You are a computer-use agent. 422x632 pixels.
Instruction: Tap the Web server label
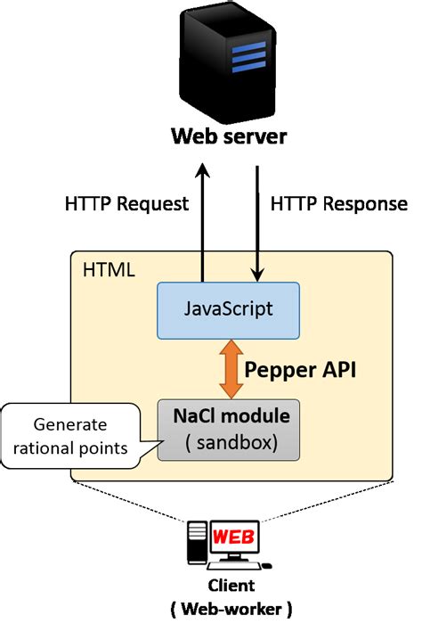(x=229, y=138)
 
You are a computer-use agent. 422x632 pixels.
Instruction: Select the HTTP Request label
(x=127, y=204)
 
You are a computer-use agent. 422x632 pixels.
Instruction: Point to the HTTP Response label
(x=338, y=204)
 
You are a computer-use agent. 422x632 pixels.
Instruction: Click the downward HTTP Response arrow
(x=257, y=223)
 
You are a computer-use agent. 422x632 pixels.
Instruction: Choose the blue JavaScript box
(x=227, y=309)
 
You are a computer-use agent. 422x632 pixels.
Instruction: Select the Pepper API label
(x=300, y=369)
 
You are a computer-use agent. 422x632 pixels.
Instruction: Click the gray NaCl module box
(x=227, y=430)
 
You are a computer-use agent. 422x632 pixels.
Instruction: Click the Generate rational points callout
(x=74, y=435)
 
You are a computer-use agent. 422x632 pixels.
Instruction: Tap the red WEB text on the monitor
(x=229, y=538)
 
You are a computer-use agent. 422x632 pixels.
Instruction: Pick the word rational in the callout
(x=52, y=446)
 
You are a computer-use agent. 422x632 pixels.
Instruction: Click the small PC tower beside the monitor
(x=196, y=546)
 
